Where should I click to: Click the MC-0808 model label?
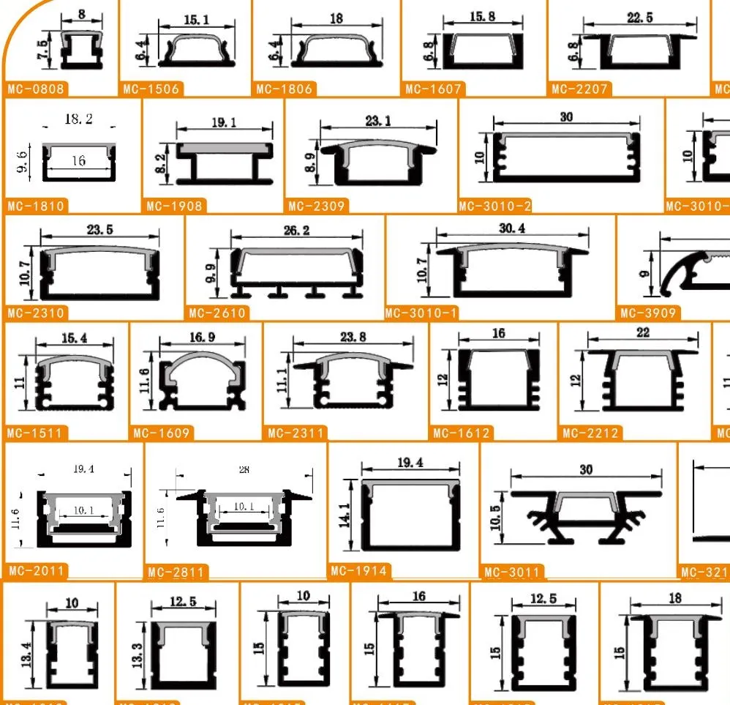tap(36, 89)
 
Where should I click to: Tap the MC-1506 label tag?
tap(151, 89)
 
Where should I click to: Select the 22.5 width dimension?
tap(639, 18)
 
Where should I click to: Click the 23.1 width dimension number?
tap(377, 121)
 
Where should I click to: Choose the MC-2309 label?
tap(316, 206)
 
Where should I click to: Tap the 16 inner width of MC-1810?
tap(78, 160)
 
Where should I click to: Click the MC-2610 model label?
tap(217, 313)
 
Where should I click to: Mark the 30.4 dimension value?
tap(512, 228)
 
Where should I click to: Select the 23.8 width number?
tap(353, 337)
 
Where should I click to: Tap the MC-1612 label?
tap(462, 433)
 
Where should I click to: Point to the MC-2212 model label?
tap(591, 433)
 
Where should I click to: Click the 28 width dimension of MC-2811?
tap(244, 470)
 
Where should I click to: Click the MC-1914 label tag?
tap(359, 571)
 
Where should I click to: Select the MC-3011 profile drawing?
tap(586, 515)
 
